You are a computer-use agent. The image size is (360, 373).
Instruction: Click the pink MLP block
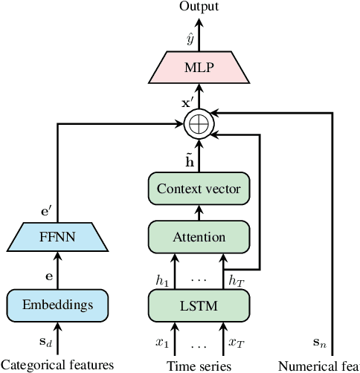[199, 68]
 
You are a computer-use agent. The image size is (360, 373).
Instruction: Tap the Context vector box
[199, 189]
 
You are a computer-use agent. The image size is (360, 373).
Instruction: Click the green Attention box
[199, 237]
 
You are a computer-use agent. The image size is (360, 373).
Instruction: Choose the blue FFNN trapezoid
[58, 240]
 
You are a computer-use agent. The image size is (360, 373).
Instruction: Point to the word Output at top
[199, 7]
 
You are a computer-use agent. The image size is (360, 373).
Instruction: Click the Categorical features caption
[57, 365]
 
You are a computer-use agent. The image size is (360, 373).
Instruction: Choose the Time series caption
[199, 365]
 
